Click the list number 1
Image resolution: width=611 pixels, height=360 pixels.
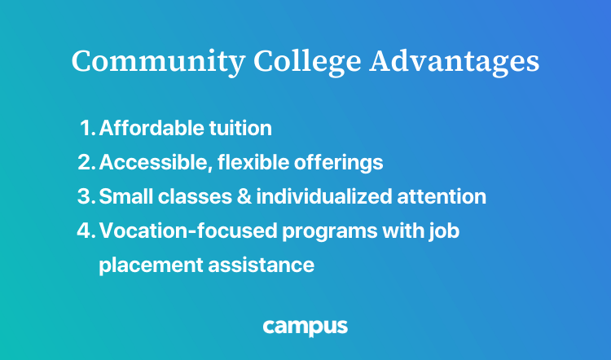[88, 129]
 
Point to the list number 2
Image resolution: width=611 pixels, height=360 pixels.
[86, 163]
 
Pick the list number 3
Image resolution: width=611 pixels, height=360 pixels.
[86, 197]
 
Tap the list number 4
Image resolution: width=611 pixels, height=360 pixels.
[86, 231]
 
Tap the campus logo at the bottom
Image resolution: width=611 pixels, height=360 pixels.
[305, 327]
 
